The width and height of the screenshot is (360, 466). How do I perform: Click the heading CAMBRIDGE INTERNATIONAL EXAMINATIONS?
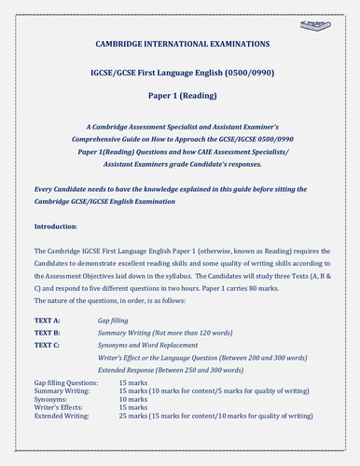point(177,44)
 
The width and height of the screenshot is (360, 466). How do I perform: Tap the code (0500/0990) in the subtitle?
point(251,71)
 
